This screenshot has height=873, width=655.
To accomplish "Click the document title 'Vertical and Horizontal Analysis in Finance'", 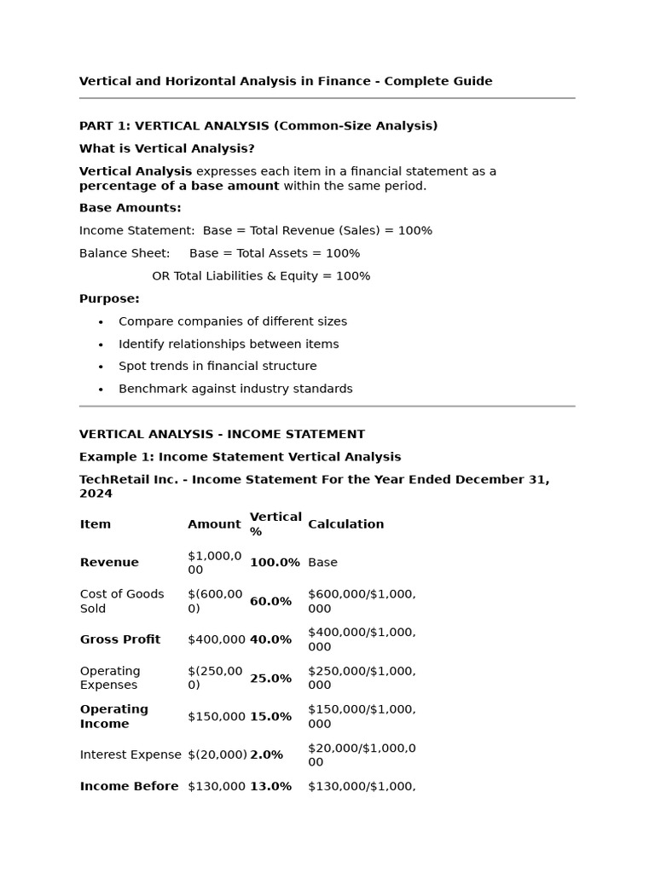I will click(286, 81).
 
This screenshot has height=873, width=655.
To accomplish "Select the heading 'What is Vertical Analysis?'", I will click(167, 148).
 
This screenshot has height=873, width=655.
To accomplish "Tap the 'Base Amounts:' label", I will click(130, 208).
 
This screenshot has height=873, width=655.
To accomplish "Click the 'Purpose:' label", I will click(109, 299).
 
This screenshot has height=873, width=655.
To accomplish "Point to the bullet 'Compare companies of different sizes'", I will click(233, 321).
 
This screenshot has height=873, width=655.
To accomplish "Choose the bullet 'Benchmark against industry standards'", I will click(235, 389).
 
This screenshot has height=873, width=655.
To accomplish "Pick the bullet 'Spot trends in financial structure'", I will click(217, 366).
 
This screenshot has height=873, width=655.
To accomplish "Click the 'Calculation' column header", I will click(345, 524).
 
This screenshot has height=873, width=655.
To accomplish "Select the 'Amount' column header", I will click(214, 524).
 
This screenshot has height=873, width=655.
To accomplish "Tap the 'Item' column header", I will click(96, 524).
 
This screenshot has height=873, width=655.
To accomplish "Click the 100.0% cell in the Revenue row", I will click(275, 563).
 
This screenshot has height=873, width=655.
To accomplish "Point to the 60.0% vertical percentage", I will click(270, 602).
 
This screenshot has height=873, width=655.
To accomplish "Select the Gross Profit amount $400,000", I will click(217, 639).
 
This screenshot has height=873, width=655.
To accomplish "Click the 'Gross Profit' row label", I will click(120, 639).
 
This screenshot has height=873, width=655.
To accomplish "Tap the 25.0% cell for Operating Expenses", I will click(270, 679).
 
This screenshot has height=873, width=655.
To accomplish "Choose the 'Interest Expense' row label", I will click(130, 754).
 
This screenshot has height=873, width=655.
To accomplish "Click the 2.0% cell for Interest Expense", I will click(266, 754).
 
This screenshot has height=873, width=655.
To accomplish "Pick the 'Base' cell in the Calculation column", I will click(322, 563).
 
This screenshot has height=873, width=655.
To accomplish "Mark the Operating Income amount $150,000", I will click(217, 716).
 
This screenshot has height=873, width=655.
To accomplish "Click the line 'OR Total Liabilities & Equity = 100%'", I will click(261, 276).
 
